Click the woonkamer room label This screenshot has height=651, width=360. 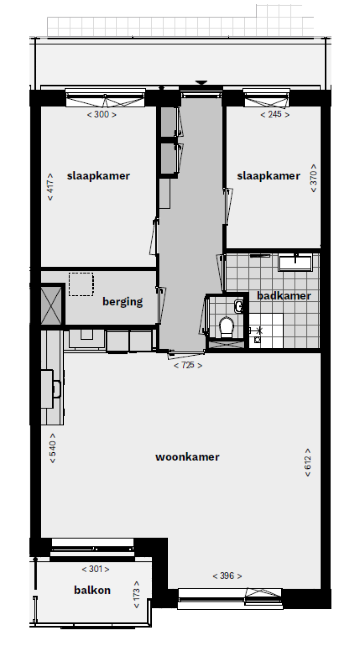point(187,457)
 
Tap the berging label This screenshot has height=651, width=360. point(123,302)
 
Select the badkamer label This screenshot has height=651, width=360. point(284,296)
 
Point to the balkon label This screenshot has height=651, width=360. point(92,590)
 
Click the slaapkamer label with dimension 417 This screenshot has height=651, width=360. point(98,176)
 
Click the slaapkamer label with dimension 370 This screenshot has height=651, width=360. point(269,176)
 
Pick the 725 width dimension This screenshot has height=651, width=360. point(188,365)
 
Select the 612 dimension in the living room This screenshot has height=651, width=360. point(308,463)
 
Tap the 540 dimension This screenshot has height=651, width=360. point(52,448)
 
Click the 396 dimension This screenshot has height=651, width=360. point(227,576)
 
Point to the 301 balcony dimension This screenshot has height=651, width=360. point(96,569)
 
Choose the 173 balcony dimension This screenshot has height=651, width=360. point(136,595)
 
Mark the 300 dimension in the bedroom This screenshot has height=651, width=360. point(102,114)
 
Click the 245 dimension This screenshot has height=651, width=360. point(275,114)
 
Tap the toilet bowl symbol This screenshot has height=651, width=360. point(226,328)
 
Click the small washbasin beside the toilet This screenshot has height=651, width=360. point(239,307)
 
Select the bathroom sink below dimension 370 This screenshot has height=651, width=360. point(295,262)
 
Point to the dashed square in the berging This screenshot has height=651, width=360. point(81,284)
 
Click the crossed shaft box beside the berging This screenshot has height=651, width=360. point(51,306)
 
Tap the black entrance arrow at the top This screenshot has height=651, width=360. point(202,82)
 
